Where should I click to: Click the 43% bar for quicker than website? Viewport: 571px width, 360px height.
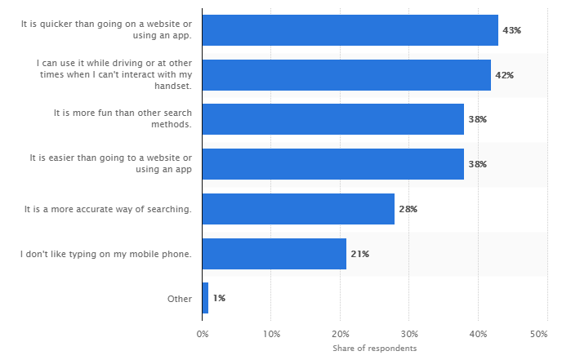(x=350, y=30)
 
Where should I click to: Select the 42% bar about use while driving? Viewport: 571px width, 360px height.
(x=346, y=75)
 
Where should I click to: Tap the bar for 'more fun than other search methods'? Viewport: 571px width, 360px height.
(x=332, y=119)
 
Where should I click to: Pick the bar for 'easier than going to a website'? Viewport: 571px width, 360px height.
(x=332, y=164)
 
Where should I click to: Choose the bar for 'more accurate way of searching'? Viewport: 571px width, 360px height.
(x=298, y=209)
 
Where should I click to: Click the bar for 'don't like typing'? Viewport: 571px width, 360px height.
(x=274, y=254)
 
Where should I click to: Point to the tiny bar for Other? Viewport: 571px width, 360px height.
(x=205, y=298)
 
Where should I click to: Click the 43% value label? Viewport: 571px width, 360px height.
(x=511, y=30)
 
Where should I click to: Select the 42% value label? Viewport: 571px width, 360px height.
(x=504, y=75)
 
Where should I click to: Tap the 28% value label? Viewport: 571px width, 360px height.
(x=408, y=209)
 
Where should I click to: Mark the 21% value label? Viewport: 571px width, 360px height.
(x=359, y=254)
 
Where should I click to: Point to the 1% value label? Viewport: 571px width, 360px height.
(x=219, y=298)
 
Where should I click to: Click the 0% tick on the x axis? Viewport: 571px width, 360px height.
(x=202, y=334)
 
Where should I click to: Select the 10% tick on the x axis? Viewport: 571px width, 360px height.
(x=272, y=334)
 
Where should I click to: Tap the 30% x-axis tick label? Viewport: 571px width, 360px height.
(x=410, y=334)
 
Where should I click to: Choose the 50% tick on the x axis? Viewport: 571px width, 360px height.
(x=538, y=334)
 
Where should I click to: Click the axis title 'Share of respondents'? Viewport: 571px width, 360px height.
(x=374, y=349)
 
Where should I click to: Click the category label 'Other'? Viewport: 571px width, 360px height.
(x=180, y=299)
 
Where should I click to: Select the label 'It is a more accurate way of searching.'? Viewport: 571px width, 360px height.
(x=109, y=210)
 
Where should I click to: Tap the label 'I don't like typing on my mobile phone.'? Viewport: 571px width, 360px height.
(x=106, y=254)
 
